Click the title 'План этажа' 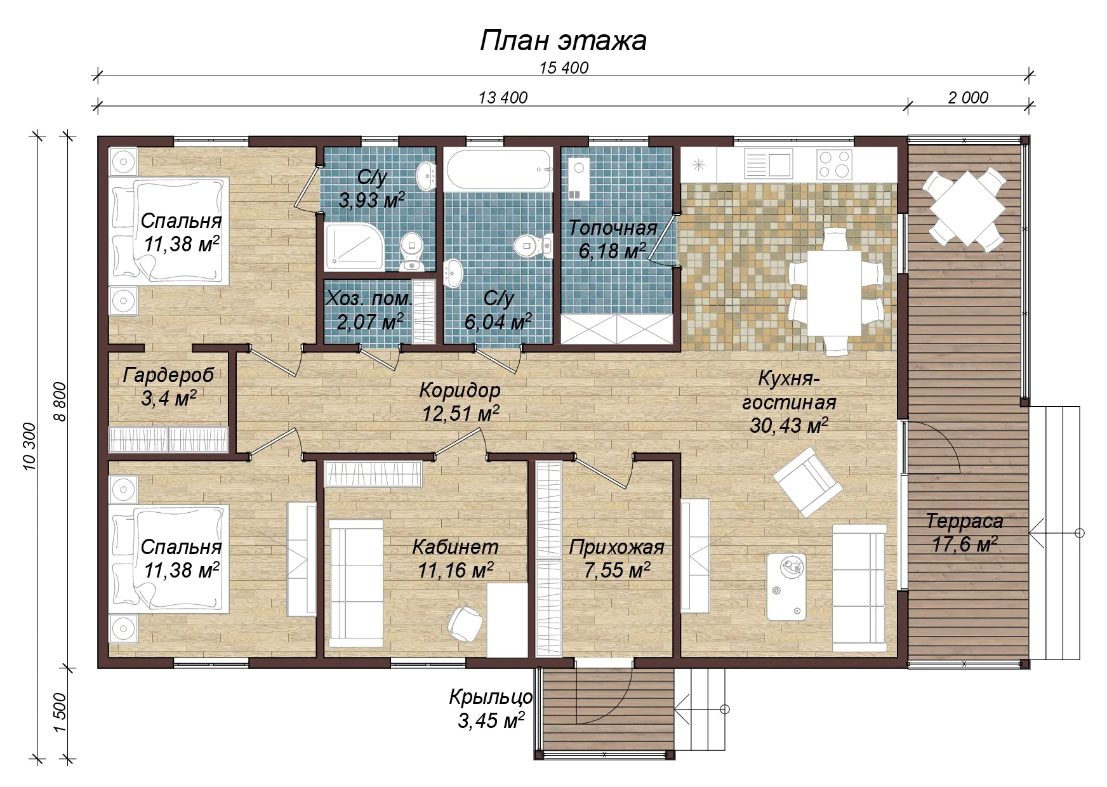click(563, 41)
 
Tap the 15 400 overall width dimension click(564, 68)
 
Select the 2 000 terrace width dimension click(968, 98)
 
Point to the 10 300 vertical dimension click(30, 446)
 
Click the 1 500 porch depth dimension click(60, 712)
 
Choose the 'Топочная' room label click(613, 228)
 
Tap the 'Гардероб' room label click(168, 375)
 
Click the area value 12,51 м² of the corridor click(460, 414)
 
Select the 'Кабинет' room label click(455, 546)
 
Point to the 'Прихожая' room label click(616, 547)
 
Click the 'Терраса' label click(964, 521)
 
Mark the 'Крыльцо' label click(491, 698)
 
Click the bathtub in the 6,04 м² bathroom click(498, 169)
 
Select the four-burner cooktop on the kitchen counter click(833, 164)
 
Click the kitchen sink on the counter click(768, 164)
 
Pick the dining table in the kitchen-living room click(834, 293)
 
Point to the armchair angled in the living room click(808, 482)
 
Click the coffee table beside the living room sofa click(786, 586)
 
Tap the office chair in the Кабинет click(466, 623)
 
